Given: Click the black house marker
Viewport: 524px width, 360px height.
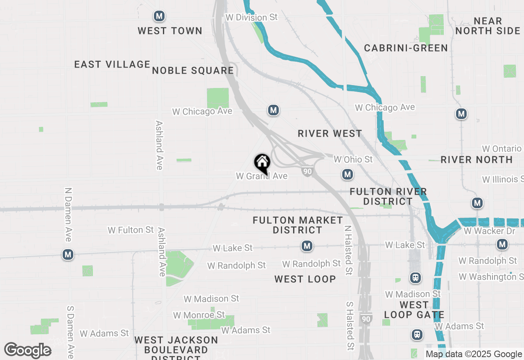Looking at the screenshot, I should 262,163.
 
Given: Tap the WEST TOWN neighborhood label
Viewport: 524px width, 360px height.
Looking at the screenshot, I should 170,31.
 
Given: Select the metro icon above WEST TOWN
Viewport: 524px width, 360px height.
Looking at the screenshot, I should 159,16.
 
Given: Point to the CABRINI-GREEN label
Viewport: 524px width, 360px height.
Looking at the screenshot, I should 406,48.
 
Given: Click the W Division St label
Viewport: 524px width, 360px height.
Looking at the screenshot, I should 251,17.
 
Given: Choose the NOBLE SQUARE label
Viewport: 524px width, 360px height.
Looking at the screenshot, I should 193,70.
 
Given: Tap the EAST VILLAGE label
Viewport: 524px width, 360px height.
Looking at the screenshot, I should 112,64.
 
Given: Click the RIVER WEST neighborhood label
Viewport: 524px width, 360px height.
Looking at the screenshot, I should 330,133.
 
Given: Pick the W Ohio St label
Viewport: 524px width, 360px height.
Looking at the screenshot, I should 353,159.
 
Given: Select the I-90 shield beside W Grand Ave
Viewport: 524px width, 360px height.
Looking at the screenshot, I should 308,171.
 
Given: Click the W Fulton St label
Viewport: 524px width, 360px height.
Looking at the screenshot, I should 131,230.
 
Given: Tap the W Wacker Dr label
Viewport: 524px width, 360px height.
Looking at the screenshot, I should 490,231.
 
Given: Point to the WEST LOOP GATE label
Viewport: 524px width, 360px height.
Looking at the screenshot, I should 414,310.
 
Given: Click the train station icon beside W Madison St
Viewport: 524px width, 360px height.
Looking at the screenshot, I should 416,278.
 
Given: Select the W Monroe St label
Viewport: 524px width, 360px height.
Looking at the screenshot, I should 199,315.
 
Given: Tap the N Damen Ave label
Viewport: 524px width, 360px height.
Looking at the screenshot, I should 68,214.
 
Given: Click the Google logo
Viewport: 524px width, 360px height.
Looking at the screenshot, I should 28,351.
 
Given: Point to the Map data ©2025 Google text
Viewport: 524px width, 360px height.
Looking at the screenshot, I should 474,354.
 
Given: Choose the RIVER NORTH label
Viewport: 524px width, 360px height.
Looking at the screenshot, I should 477,160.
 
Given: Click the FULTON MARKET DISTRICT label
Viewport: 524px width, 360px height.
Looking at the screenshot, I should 298,225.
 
